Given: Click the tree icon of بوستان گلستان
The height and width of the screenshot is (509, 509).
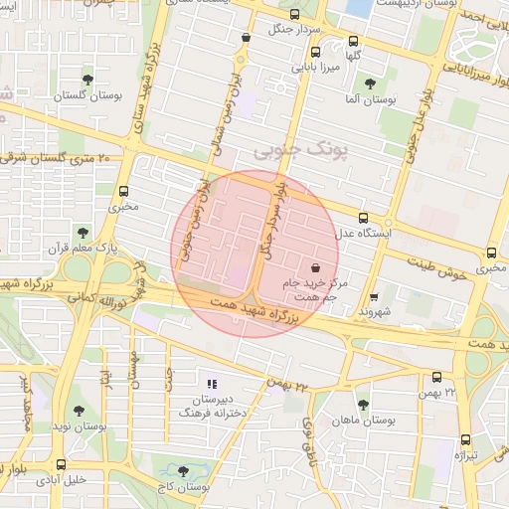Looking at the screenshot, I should click(88, 78).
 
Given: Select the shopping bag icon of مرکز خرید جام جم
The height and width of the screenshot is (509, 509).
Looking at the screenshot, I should click(315, 267).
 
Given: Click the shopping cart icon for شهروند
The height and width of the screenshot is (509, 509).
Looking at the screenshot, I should click(374, 296).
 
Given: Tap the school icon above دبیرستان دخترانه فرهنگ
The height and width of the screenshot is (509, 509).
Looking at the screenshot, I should click(211, 383).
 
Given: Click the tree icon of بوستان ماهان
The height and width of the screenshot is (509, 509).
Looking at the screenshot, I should click(363, 405).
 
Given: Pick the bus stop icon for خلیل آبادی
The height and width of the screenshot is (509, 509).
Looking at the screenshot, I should click(62, 463).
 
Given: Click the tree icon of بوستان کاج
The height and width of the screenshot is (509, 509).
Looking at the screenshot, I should click(182, 469).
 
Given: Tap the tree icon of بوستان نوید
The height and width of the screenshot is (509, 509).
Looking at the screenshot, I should click(80, 410).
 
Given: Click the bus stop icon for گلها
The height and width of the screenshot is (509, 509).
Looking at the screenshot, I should click(353, 42).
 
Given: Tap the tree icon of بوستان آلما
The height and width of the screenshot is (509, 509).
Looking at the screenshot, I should click(371, 84).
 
